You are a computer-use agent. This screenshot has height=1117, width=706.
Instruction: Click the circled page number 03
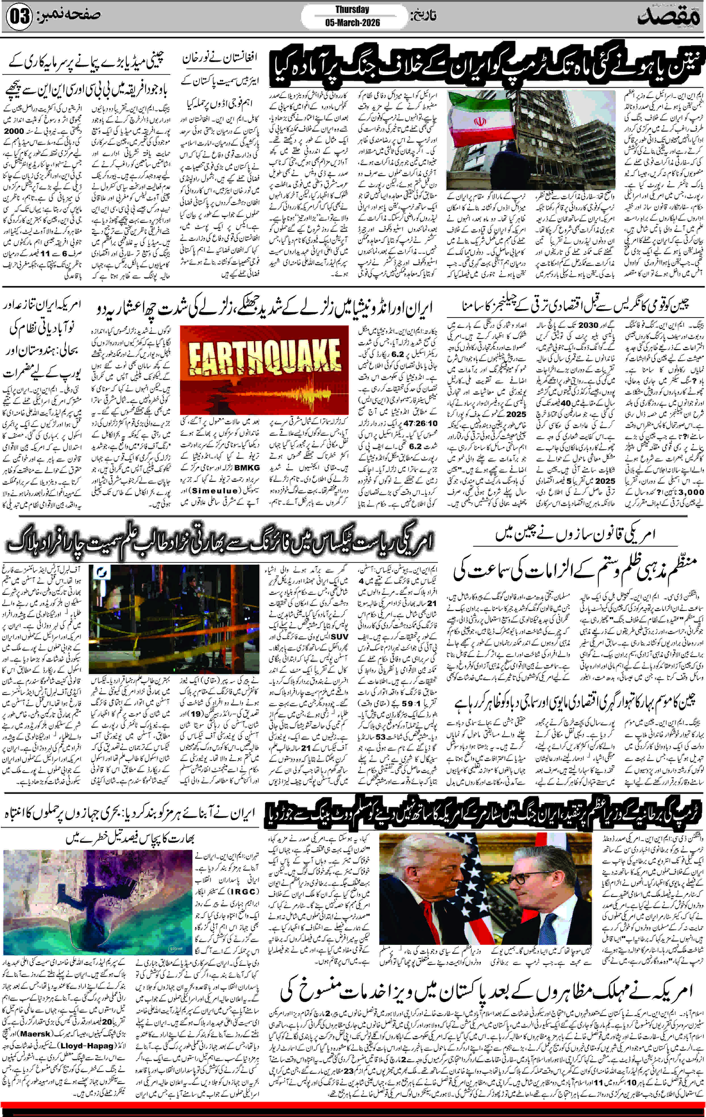(19, 17)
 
